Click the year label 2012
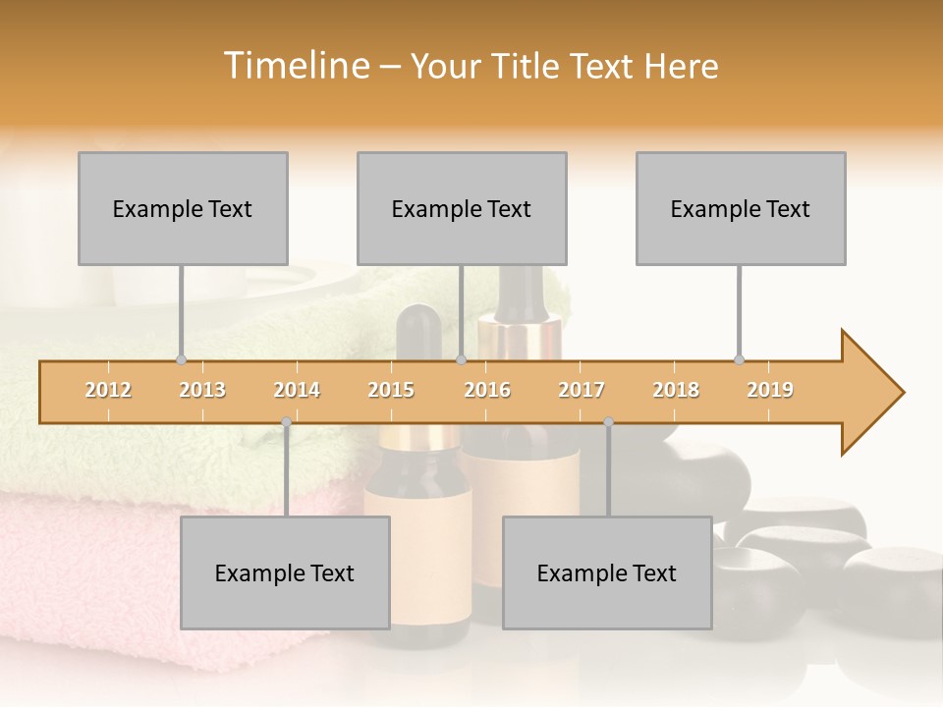click(108, 390)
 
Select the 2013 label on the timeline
click(202, 390)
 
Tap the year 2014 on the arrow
click(297, 390)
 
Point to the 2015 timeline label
click(391, 390)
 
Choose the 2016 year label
click(487, 390)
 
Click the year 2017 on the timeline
click(582, 390)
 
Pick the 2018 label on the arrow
click(676, 390)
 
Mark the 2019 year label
click(770, 390)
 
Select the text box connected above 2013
click(183, 208)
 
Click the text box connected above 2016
click(462, 208)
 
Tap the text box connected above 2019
click(741, 208)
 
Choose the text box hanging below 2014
click(285, 572)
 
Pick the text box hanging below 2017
click(607, 572)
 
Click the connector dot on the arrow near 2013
click(181, 359)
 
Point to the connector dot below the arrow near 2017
click(608, 422)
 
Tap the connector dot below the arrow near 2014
click(286, 422)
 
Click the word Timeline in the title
click(295, 66)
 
